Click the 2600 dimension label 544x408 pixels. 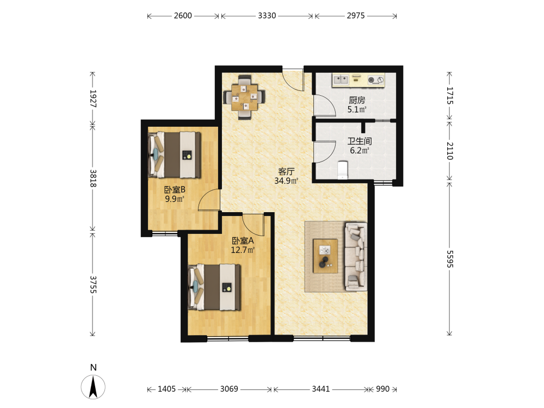[183, 16]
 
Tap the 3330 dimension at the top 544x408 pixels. [267, 16]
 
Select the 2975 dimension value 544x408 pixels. [356, 16]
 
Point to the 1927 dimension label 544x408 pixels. [93, 98]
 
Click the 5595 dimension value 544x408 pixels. [450, 259]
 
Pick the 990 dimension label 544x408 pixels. [382, 389]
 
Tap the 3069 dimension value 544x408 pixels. [229, 389]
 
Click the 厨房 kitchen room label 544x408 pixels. [357, 100]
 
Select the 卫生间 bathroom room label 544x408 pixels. [360, 141]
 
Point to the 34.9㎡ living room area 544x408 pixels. [286, 181]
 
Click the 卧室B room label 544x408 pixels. [175, 190]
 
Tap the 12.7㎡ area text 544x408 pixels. [243, 250]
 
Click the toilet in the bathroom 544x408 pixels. [343, 170]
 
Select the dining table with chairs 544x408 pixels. [245, 97]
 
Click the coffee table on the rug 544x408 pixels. [325, 256]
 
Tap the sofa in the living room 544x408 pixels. [356, 256]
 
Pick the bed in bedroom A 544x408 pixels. [214, 287]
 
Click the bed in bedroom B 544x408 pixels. [175, 154]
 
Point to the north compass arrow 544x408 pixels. [93, 387]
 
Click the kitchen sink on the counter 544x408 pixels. [341, 80]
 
